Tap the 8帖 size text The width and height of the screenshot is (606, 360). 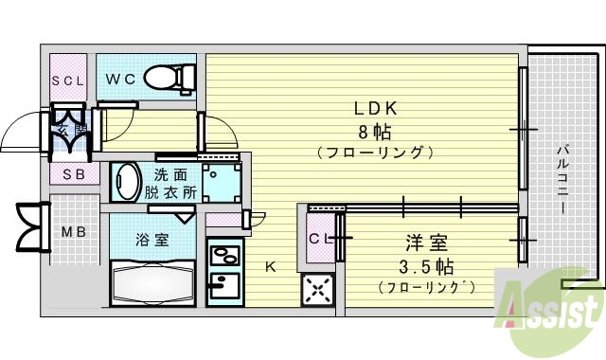click(369, 131)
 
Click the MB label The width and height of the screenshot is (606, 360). click(73, 231)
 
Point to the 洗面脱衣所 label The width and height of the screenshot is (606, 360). click(174, 182)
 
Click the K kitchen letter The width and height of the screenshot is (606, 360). click(270, 267)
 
